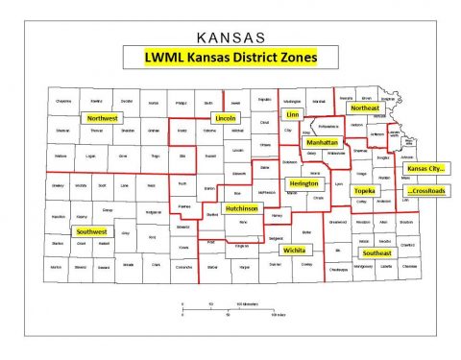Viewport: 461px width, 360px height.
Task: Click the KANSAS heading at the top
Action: [x=230, y=39]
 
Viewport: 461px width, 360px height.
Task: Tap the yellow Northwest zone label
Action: [x=101, y=118]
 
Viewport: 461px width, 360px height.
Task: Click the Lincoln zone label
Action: [x=226, y=118]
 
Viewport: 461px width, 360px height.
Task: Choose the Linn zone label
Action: [x=293, y=113]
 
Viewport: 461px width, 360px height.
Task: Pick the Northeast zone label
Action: [x=365, y=108]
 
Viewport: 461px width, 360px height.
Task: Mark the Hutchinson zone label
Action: [x=242, y=208]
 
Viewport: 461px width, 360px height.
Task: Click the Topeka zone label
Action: [x=363, y=191]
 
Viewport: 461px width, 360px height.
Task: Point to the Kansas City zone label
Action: [x=429, y=168]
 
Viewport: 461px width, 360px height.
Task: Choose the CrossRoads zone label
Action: [x=429, y=191]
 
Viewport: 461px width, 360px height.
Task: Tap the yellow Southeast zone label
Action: [x=376, y=252]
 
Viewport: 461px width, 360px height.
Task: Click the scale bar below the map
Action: [x=230, y=306]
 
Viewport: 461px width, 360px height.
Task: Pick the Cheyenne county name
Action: [x=63, y=99]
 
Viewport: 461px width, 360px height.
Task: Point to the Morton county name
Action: [x=57, y=267]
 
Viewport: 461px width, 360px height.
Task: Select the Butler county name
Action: [x=307, y=232]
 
